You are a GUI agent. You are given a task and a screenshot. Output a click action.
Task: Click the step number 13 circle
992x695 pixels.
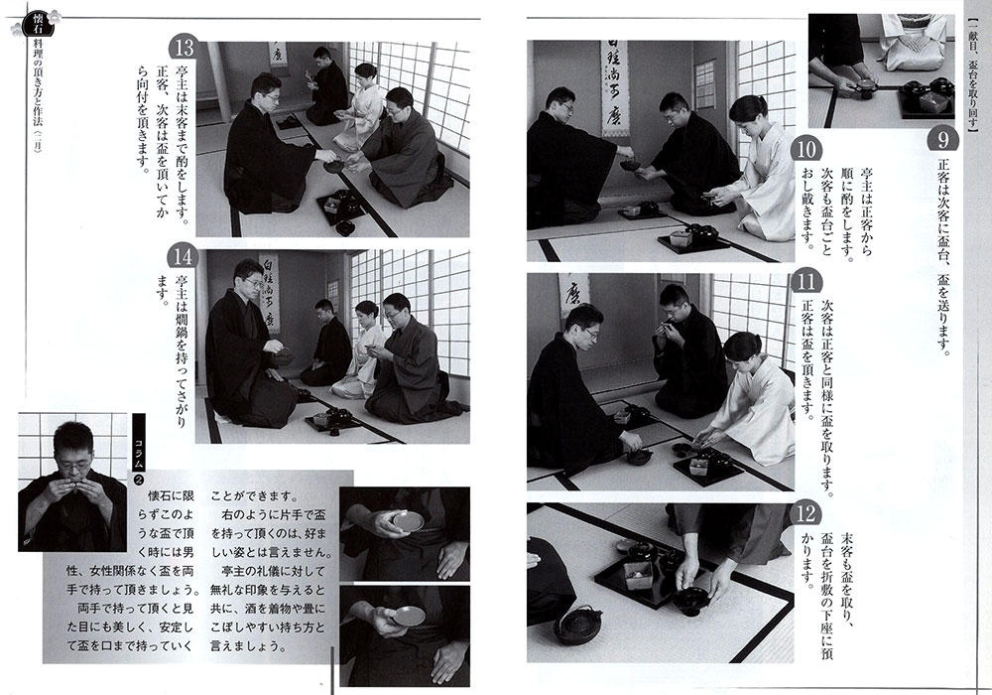click(x=185, y=49)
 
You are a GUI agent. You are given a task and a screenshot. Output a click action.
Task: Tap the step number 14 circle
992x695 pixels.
click(x=183, y=257)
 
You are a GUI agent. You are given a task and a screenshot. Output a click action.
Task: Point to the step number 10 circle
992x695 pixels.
click(x=806, y=150)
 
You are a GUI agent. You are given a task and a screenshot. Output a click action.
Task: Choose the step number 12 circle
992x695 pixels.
click(x=806, y=514)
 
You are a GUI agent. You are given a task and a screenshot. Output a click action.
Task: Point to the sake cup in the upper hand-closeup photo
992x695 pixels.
click(x=408, y=521)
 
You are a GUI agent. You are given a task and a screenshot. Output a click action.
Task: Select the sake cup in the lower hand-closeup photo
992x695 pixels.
click(x=408, y=616)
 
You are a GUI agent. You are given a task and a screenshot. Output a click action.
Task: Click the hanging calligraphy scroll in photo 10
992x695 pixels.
click(x=614, y=88)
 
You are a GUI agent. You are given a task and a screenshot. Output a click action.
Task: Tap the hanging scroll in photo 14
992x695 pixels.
click(x=270, y=292)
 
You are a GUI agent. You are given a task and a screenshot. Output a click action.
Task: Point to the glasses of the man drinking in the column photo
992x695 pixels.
click(x=73, y=467)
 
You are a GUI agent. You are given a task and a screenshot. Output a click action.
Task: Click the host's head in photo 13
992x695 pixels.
click(x=266, y=90)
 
